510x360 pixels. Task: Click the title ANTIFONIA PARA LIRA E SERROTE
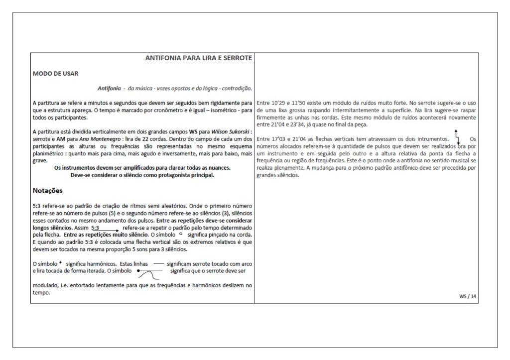(x=198, y=58)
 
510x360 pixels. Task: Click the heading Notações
(x=47, y=191)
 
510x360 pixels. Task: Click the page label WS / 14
(x=468, y=296)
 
